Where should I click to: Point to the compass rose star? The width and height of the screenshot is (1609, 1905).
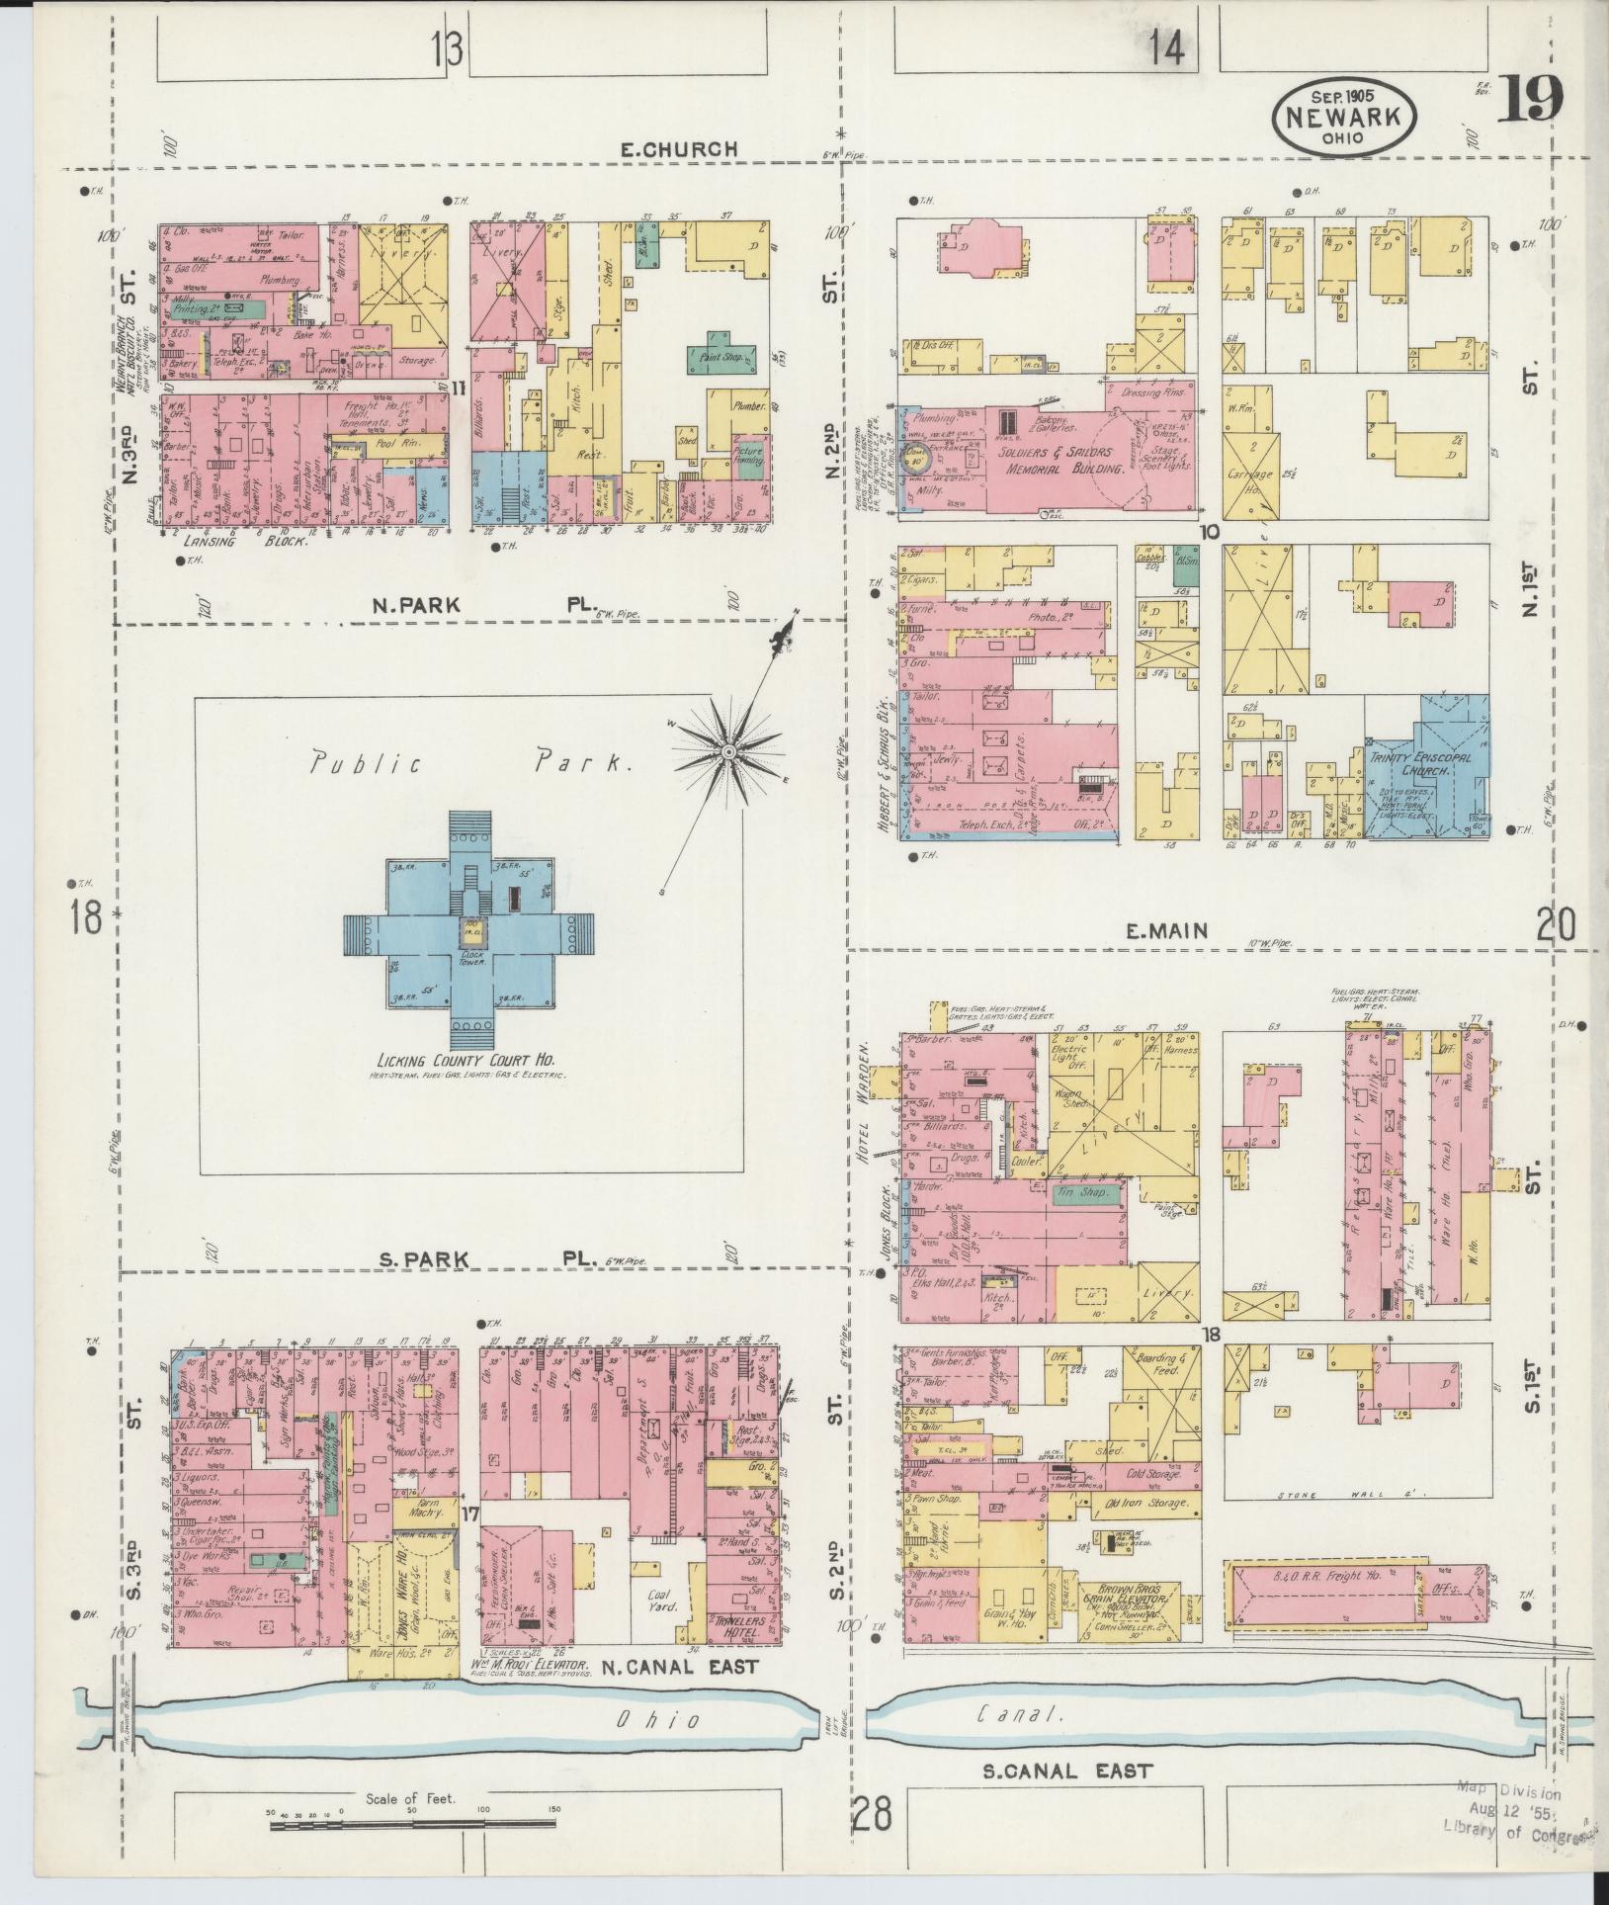coord(728,752)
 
